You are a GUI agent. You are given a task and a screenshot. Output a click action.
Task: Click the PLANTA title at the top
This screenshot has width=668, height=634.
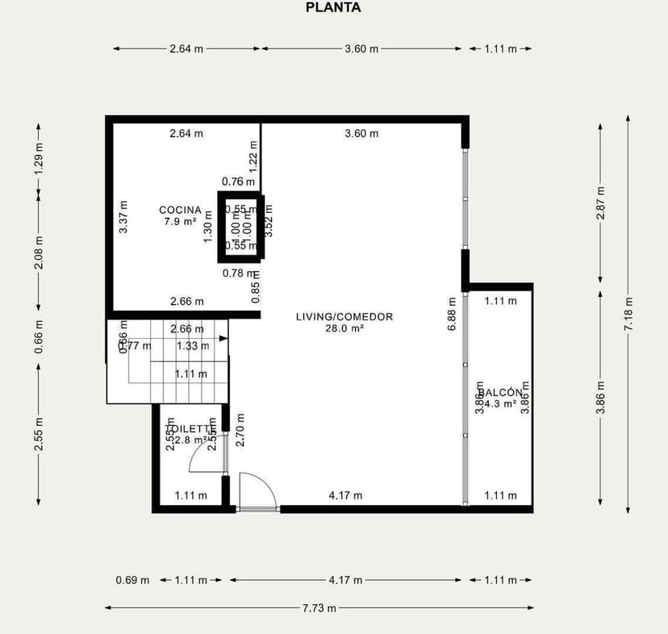point(333,8)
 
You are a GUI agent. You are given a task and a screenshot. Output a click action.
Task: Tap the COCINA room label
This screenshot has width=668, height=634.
point(180,210)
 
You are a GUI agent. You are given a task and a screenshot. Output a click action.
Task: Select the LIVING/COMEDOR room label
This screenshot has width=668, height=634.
point(344,317)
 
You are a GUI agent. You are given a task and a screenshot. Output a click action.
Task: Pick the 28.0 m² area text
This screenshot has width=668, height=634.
point(344,328)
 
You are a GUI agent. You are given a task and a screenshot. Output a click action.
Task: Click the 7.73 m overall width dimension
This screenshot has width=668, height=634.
point(319,607)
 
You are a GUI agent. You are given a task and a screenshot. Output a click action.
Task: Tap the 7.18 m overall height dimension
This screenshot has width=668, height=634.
point(628,314)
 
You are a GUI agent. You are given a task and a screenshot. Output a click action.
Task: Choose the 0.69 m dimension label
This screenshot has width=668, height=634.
point(132,580)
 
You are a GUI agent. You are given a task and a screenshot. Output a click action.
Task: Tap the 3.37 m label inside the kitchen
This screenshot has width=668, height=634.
point(123,217)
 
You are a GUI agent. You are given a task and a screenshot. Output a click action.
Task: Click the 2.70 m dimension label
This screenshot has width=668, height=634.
point(240,430)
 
